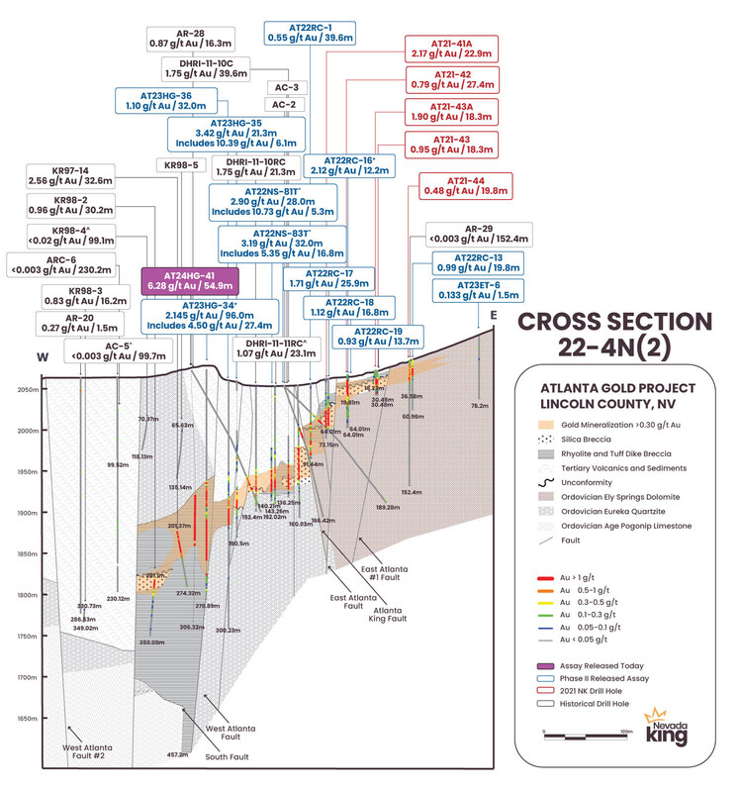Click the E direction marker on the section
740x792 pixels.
[x=493, y=316]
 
